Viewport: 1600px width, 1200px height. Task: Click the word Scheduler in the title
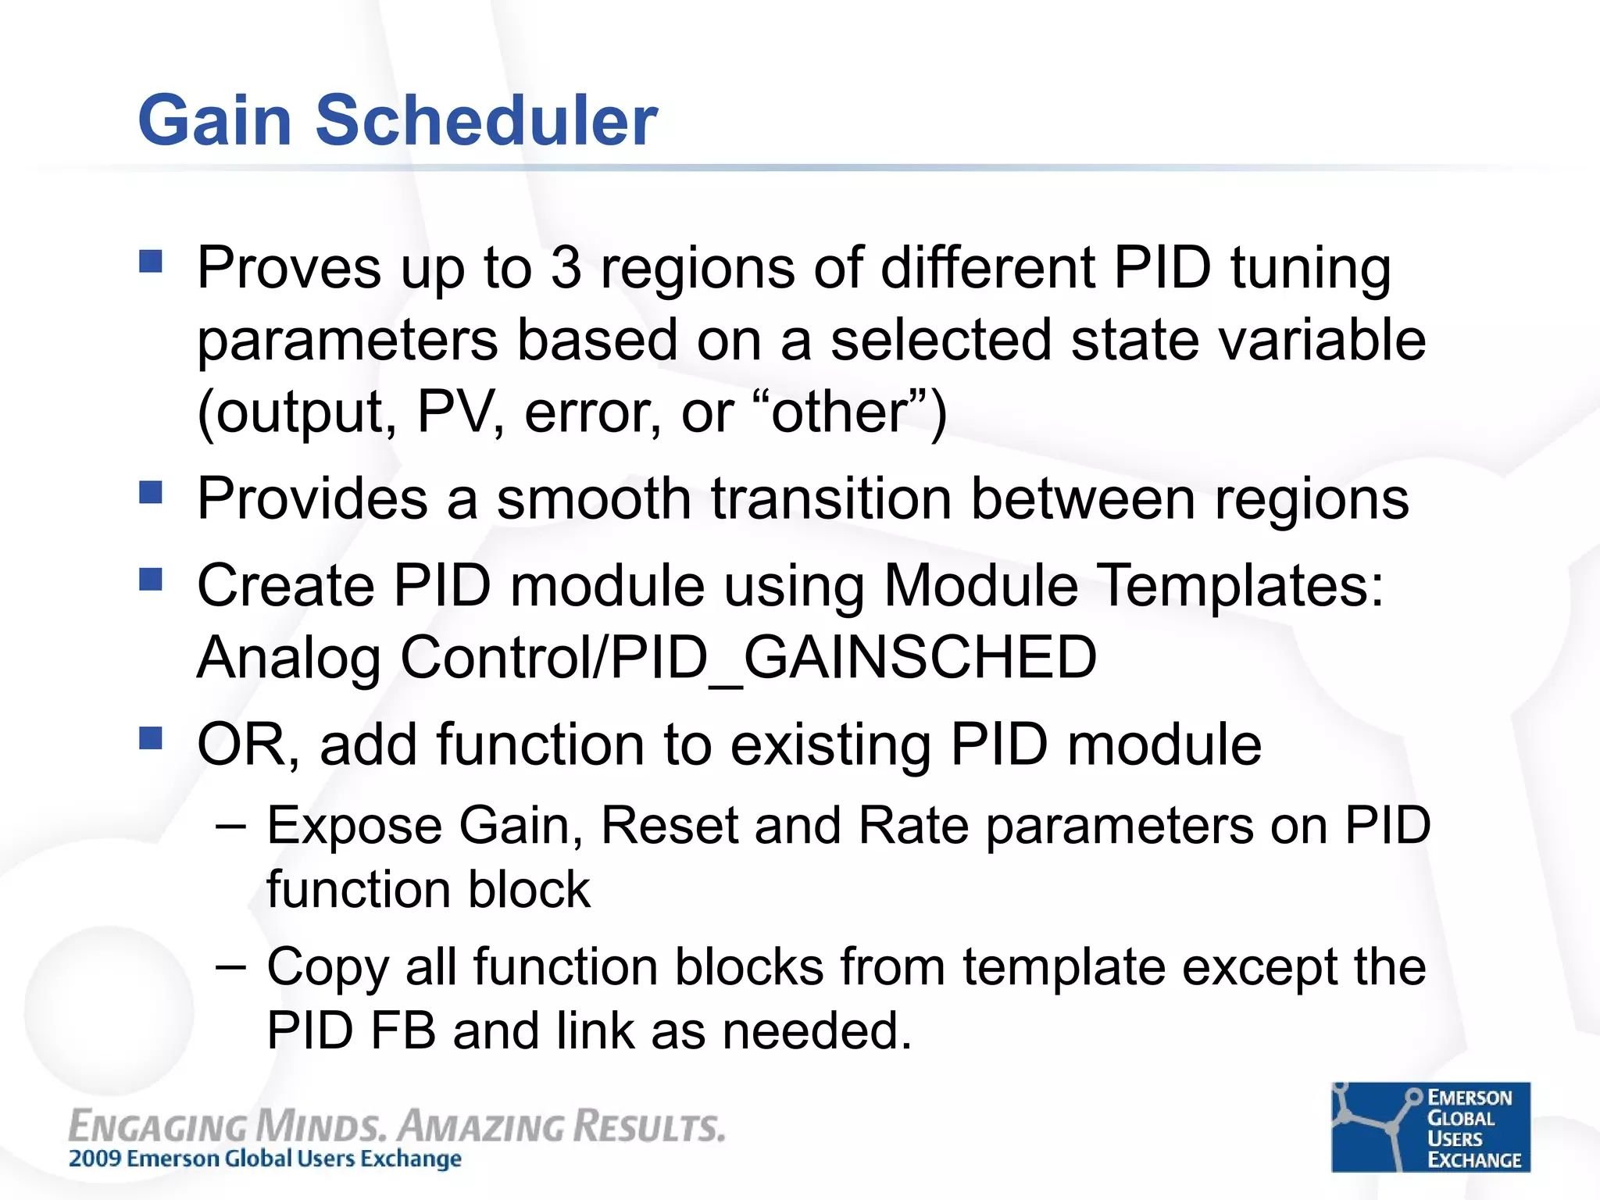(486, 121)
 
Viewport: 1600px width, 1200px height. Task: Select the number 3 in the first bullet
(566, 268)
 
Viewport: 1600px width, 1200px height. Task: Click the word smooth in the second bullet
(594, 498)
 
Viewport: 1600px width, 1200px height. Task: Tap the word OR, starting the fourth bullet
(248, 746)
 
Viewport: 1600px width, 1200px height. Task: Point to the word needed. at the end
(816, 1031)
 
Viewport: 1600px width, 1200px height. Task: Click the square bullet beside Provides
(151, 492)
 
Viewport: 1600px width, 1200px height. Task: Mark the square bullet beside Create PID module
(151, 580)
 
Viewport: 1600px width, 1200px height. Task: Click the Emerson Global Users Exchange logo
(1430, 1127)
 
